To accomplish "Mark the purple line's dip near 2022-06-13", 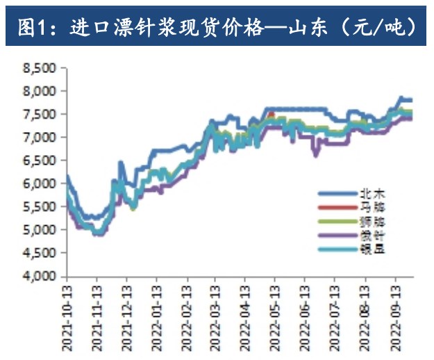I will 316,154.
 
